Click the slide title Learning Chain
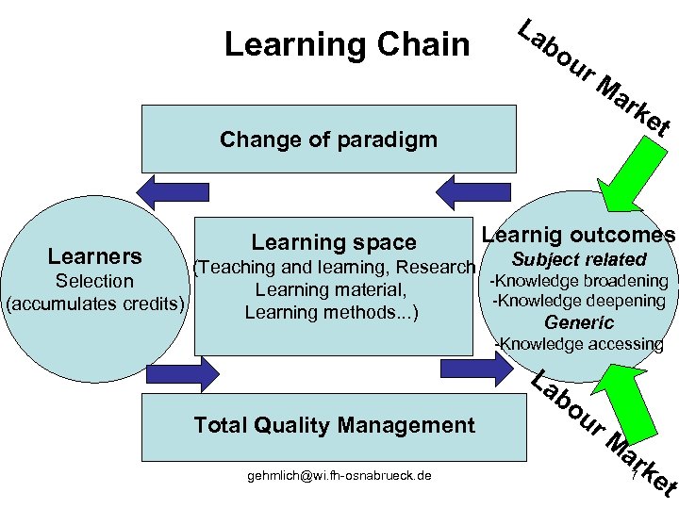pyautogui.click(x=346, y=44)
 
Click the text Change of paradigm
pyautogui.click(x=328, y=140)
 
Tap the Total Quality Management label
pyautogui.click(x=334, y=425)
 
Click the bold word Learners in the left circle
pyautogui.click(x=94, y=256)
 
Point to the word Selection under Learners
pyautogui.click(x=94, y=281)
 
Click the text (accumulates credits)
pyautogui.click(x=94, y=304)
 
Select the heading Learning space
pyautogui.click(x=333, y=242)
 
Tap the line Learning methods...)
pyautogui.click(x=332, y=312)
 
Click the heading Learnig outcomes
pyautogui.click(x=578, y=236)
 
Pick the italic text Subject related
pyautogui.click(x=578, y=259)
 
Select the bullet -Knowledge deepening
pyautogui.click(x=579, y=301)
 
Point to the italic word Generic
pyautogui.click(x=578, y=322)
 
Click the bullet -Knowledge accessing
pyautogui.click(x=578, y=344)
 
